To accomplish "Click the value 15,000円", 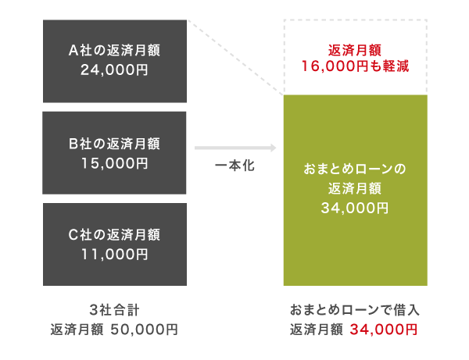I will coord(115,163).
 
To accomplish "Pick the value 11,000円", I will coord(115,254).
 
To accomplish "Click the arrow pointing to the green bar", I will coord(235,148).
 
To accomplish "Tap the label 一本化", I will coord(234,166).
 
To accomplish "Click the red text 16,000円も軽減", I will coord(355,68).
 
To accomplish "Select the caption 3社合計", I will coord(115,309).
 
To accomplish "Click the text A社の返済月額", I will coord(115,52).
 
